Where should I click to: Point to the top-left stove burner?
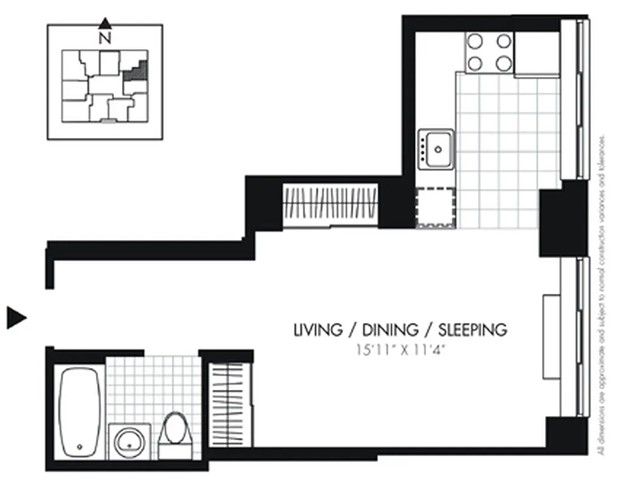[475, 41]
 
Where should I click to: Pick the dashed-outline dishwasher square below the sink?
[435, 207]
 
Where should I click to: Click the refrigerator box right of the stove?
[537, 53]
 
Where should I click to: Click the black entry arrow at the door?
[16, 317]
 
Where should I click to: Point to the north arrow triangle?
[105, 24]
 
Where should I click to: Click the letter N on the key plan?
[105, 38]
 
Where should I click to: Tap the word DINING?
[390, 330]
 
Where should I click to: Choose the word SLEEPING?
[473, 330]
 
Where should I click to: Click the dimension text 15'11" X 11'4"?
[398, 350]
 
